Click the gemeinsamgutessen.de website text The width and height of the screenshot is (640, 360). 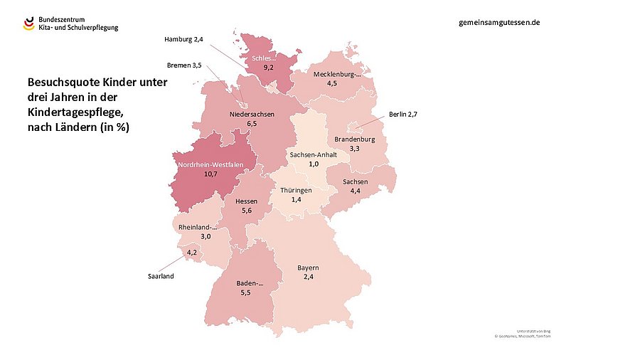(x=500, y=22)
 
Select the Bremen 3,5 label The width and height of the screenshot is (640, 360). (x=184, y=65)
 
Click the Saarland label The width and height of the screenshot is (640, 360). (x=161, y=275)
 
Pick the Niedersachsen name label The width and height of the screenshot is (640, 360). (x=252, y=114)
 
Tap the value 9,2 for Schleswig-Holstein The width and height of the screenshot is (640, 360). (x=269, y=66)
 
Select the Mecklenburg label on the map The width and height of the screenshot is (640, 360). (x=337, y=74)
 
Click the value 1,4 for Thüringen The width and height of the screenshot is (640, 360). (x=297, y=201)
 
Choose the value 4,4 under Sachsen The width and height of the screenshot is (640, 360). (x=355, y=191)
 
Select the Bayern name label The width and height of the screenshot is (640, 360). (x=308, y=268)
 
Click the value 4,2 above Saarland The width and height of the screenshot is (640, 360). (x=192, y=253)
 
